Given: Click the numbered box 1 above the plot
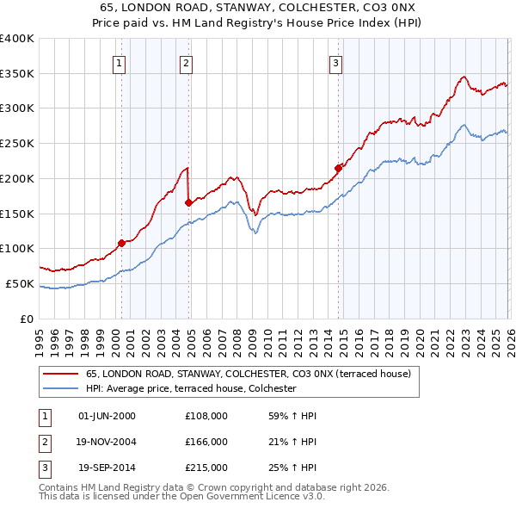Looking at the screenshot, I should (118, 62).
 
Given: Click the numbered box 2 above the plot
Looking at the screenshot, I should (186, 62).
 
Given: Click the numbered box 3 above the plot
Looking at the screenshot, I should (335, 62).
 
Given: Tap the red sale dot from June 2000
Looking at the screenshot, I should (121, 243).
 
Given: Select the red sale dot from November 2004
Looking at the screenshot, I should (188, 202).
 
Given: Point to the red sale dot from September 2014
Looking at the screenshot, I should (338, 168).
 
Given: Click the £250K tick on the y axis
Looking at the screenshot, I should (17, 143).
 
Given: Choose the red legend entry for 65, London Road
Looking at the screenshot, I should (249, 374).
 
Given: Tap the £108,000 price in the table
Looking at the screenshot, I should (206, 416).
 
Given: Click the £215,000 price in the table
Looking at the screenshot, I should (206, 468).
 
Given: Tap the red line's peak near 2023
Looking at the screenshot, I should (464, 77).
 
